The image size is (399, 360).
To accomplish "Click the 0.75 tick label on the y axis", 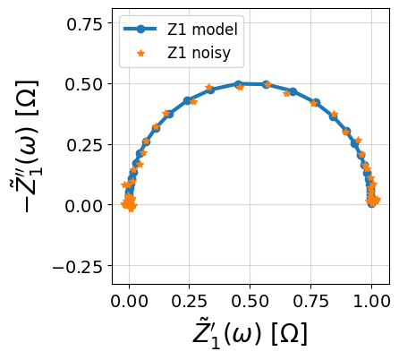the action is coord(85,24).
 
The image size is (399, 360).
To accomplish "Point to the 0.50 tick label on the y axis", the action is coord(85,84).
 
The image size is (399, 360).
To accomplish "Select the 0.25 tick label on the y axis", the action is coord(85,145).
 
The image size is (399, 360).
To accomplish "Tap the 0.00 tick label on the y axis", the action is coord(85,206).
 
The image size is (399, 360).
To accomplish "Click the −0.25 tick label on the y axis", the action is coord(78,267).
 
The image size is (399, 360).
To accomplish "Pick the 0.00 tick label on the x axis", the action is coord(129,301).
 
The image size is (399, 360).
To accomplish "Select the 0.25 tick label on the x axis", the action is coord(190,301).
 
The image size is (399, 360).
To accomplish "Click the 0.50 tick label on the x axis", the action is coord(250,301).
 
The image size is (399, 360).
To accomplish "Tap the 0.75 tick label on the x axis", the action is coord(310,301).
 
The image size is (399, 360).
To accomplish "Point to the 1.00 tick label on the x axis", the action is coord(371,301).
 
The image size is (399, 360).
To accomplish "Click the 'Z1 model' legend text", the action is coord(202,30).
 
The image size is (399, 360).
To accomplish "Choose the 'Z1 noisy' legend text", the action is coord(199,53).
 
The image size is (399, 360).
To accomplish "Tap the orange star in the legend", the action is coord(140,54).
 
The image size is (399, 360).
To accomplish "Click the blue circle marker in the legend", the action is coord(140,30).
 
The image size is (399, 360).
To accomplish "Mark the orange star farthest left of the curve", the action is coord(125,184).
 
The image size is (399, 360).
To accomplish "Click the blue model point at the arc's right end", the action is coord(371,204).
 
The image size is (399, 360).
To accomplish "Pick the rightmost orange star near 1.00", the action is coord(378,200).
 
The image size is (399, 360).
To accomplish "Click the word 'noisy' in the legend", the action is coord(211,53).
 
